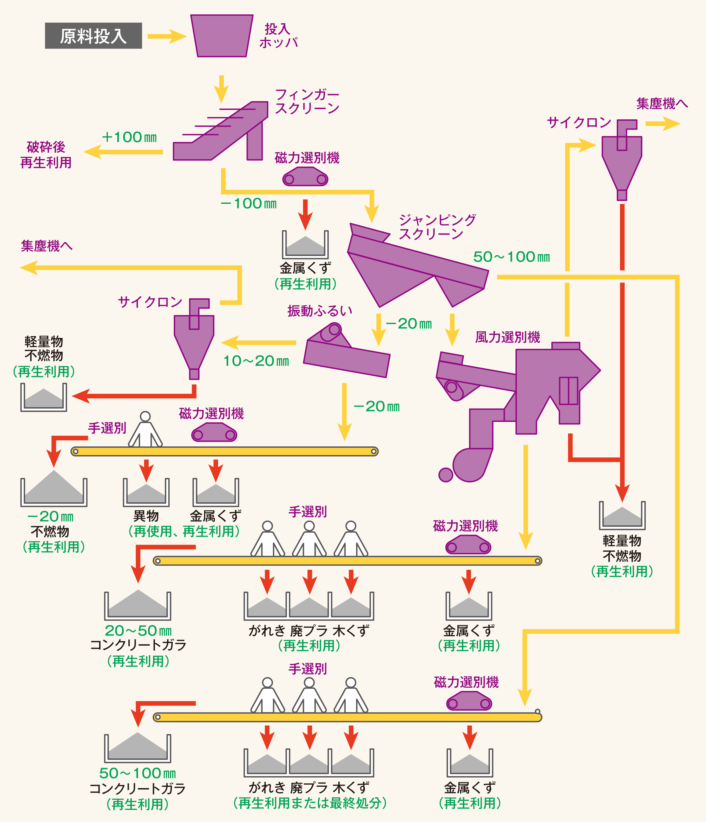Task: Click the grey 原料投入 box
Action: (93, 36)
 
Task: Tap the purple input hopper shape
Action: (222, 36)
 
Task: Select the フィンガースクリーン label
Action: (307, 102)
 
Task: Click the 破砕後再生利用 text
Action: (46, 155)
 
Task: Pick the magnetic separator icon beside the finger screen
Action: (305, 177)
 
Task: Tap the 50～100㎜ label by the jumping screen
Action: (511, 257)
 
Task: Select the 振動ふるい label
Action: (320, 311)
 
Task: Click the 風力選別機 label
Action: (508, 337)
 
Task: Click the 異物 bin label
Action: (146, 516)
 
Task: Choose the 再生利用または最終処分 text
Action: (310, 803)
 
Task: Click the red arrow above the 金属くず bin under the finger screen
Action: (305, 214)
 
